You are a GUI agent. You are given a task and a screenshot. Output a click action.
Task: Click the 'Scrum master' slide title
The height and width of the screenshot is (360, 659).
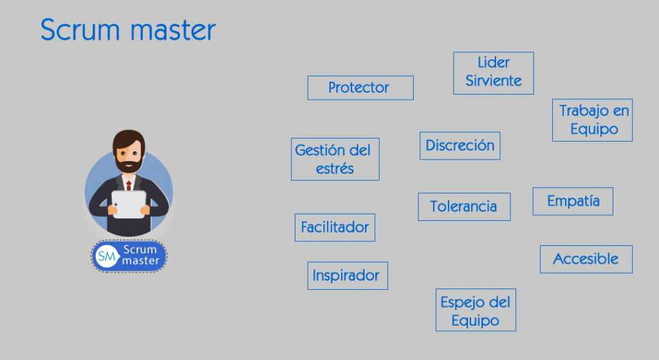[128, 30]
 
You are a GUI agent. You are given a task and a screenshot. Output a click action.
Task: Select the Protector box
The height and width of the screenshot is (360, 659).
[360, 88]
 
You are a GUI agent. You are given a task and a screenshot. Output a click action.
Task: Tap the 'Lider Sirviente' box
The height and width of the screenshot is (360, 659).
[494, 73]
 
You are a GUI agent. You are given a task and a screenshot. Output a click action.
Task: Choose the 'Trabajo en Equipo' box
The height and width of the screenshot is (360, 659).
[593, 120]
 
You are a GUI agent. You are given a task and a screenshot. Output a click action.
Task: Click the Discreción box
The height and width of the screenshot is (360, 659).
[459, 146]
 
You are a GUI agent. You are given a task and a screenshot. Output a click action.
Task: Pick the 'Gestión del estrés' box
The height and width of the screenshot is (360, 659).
[335, 159]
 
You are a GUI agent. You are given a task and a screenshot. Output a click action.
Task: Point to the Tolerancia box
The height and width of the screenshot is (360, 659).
[464, 207]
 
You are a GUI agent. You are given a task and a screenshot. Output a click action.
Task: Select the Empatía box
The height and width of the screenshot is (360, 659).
[573, 201]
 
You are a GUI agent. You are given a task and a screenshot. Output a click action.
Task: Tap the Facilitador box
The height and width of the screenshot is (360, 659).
[335, 227]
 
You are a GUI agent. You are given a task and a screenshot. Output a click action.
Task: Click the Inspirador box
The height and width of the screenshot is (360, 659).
[348, 276]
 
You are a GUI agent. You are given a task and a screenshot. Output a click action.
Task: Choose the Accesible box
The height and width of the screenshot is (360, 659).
[586, 259]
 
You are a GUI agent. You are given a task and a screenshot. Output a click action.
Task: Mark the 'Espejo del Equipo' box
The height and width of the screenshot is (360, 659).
[476, 311]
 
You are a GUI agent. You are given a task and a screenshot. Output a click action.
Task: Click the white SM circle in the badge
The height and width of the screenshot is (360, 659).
[106, 256]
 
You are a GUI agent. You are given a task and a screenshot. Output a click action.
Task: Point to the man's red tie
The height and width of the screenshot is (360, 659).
[129, 186]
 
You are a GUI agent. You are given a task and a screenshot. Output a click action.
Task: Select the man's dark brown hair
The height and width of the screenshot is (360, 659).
[128, 137]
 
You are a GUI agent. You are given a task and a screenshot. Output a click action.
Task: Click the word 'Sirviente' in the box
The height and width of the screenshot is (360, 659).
[494, 81]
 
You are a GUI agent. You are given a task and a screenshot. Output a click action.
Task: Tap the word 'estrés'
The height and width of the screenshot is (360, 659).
[335, 169]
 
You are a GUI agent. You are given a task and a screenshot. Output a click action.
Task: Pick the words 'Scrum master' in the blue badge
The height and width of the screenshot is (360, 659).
[140, 255]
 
